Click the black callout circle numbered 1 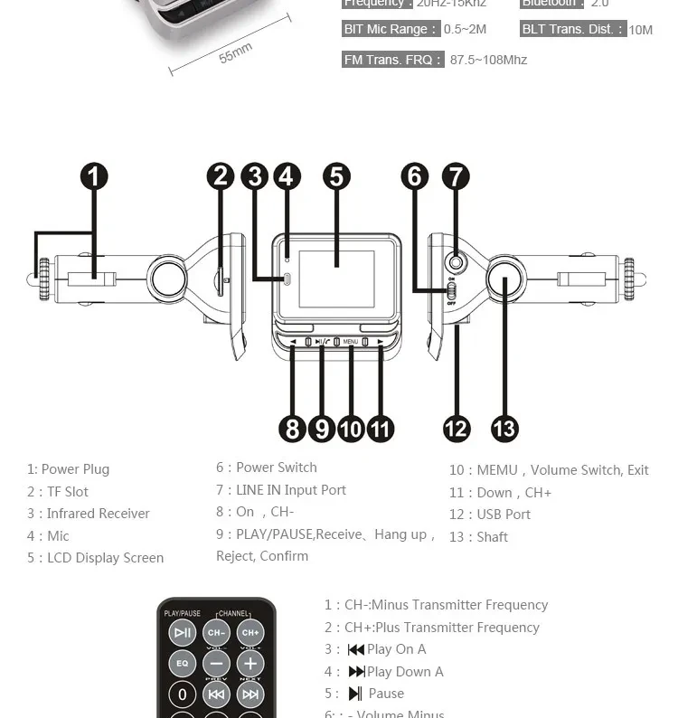(94, 175)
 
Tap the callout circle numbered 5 (336, 175)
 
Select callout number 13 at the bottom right (504, 428)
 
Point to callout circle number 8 (292, 428)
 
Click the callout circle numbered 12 (457, 428)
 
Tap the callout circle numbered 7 (456, 175)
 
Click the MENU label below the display (351, 342)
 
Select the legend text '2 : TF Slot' (58, 492)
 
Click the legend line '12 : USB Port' (490, 515)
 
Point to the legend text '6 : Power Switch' (267, 468)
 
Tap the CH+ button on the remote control (250, 633)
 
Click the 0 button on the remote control (183, 694)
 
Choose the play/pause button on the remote (183, 633)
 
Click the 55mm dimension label (235, 53)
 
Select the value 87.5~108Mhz (488, 60)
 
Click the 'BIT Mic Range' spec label (391, 29)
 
